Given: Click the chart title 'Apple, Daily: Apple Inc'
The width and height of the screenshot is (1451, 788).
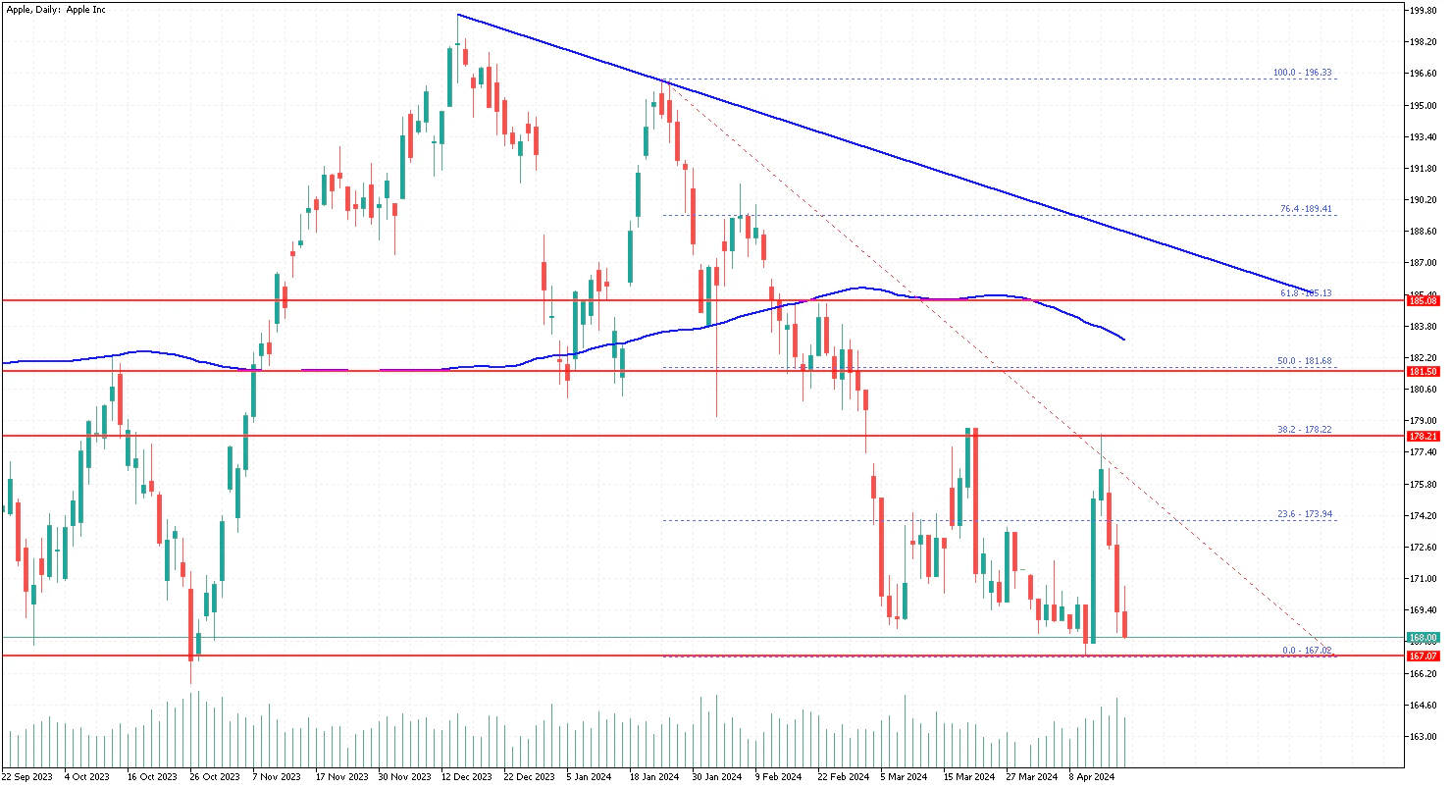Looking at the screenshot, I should (57, 9).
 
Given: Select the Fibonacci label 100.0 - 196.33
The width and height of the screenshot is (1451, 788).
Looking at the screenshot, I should (1302, 73).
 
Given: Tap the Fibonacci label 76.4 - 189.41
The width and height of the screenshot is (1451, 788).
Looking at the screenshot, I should (1305, 209).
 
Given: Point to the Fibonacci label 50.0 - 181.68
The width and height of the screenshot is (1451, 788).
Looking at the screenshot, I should (1304, 361).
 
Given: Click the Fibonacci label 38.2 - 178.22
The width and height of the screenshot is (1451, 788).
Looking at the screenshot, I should (1304, 429).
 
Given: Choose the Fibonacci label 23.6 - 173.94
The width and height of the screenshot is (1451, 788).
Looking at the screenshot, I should (1304, 514).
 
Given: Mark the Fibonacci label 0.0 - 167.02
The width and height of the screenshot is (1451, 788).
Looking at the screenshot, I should (1307, 650).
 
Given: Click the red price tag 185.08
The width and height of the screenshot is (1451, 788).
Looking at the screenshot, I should (1422, 301).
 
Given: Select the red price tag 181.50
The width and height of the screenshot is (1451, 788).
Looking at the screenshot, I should (1422, 372).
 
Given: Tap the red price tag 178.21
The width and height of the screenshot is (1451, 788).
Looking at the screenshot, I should (1422, 436).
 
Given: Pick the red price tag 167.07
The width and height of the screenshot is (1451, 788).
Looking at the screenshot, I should (1422, 656).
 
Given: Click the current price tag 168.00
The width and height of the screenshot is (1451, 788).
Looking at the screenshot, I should (1422, 638).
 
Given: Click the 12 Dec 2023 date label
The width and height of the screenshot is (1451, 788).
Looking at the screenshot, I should (465, 776).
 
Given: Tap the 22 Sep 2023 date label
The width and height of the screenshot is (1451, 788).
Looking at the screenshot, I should (28, 776).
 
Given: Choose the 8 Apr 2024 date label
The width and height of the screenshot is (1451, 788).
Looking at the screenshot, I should (1093, 776).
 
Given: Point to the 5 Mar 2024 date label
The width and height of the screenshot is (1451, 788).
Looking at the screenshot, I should (903, 776).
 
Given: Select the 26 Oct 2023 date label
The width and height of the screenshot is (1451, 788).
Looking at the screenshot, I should (215, 776).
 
